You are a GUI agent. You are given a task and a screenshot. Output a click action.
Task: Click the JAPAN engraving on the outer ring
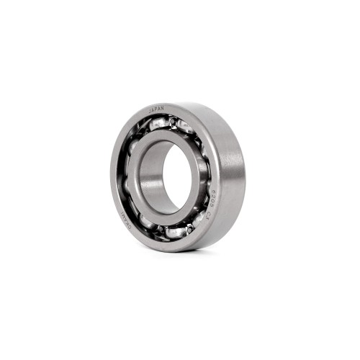pos(156,108)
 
